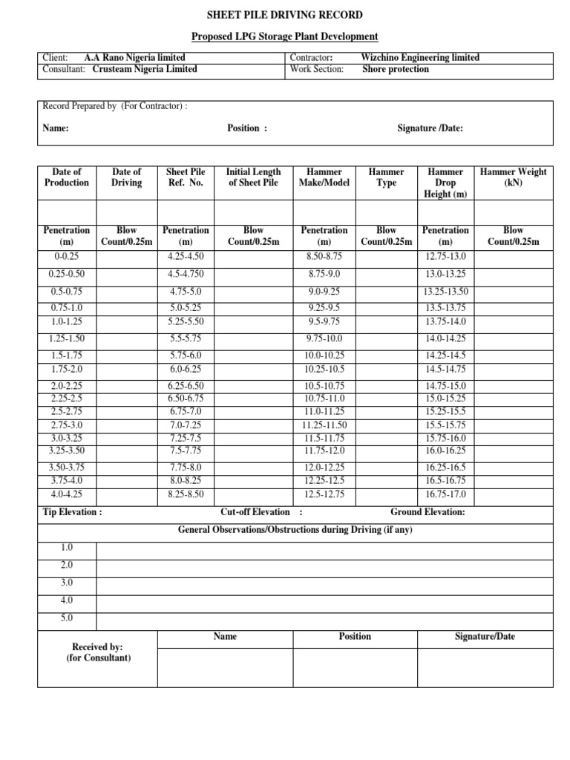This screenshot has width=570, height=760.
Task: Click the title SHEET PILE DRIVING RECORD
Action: pyautogui.click(x=285, y=15)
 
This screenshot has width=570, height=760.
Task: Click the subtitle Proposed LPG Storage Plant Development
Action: pyautogui.click(x=285, y=36)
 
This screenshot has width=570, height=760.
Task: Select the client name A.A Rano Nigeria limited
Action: pyautogui.click(x=134, y=58)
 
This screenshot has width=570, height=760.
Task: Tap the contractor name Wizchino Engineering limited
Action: pyautogui.click(x=420, y=58)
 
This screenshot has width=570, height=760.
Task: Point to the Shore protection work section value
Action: pyautogui.click(x=396, y=69)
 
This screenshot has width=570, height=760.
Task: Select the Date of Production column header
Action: pyautogui.click(x=67, y=177)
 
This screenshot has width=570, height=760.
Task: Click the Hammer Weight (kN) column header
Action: pyautogui.click(x=513, y=177)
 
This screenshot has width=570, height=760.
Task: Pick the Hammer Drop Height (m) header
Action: pyautogui.click(x=445, y=183)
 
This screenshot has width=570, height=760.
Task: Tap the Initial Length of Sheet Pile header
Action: pyautogui.click(x=253, y=177)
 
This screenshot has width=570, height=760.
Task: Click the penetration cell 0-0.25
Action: pyautogui.click(x=67, y=256)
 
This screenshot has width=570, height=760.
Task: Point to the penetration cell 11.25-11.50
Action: pyautogui.click(x=324, y=425)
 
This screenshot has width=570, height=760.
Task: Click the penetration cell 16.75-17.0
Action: pyautogui.click(x=445, y=494)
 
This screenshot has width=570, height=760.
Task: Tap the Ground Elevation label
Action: pyautogui.click(x=427, y=512)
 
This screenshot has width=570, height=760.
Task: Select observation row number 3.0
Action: pyautogui.click(x=67, y=583)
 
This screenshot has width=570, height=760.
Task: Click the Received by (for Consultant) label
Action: pyautogui.click(x=97, y=652)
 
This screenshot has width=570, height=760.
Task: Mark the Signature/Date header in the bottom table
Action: pyautogui.click(x=485, y=637)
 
